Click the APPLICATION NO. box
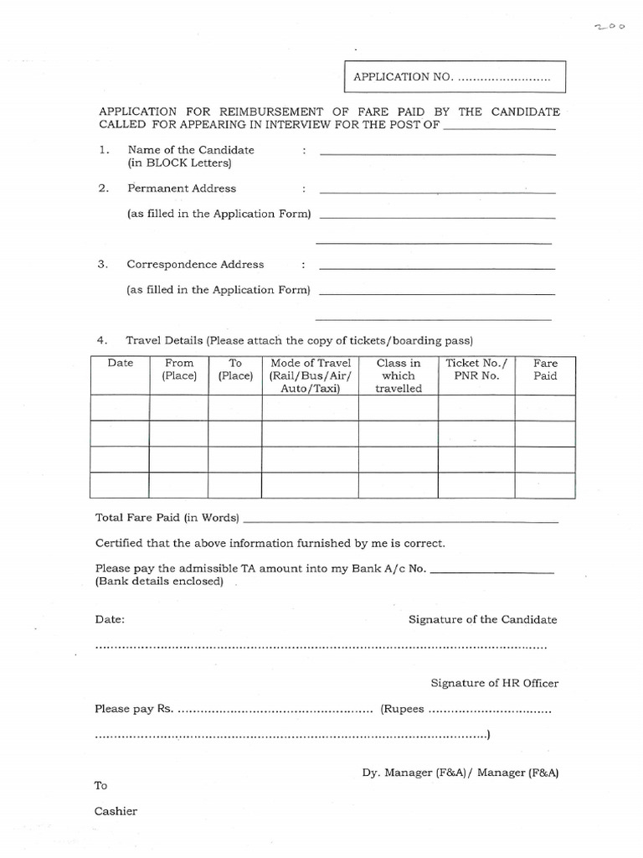click(x=454, y=77)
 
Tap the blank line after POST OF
click(x=499, y=129)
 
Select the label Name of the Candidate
click(x=190, y=150)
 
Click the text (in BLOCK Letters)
click(x=178, y=163)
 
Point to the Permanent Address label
click(x=181, y=189)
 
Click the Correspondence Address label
click(x=195, y=264)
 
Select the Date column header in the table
click(x=120, y=364)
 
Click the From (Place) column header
click(x=179, y=370)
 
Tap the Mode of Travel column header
click(x=310, y=375)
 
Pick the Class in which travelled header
click(x=399, y=375)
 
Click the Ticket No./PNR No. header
click(x=476, y=370)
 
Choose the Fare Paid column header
click(x=545, y=370)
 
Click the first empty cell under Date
click(x=120, y=408)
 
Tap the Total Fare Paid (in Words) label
click(x=167, y=517)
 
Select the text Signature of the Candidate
click(x=482, y=619)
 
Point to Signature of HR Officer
click(x=494, y=683)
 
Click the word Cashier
click(x=116, y=811)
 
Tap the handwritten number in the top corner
click(x=610, y=27)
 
